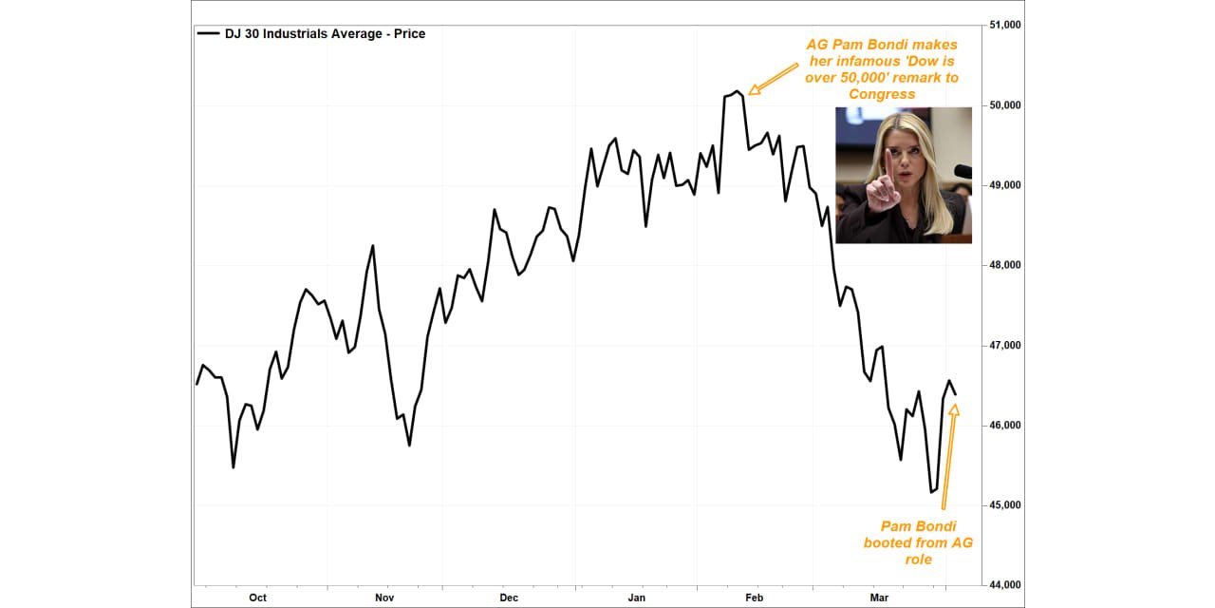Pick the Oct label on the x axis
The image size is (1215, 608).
pyautogui.click(x=257, y=598)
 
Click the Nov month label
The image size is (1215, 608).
pyautogui.click(x=384, y=598)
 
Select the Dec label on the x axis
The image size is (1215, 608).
pyautogui.click(x=509, y=598)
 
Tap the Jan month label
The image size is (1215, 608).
pyautogui.click(x=637, y=598)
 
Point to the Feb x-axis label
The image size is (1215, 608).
pyautogui.click(x=754, y=598)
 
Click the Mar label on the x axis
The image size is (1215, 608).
pyautogui.click(x=880, y=598)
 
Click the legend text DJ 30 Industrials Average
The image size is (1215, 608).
pyautogui.click(x=325, y=34)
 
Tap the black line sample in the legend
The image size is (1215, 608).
pyautogui.click(x=208, y=34)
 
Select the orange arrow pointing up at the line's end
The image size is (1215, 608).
pyautogui.click(x=949, y=456)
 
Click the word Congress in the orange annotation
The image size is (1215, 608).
pyautogui.click(x=882, y=94)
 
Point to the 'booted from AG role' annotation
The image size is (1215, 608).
pyautogui.click(x=918, y=542)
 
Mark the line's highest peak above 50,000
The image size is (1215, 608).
pyautogui.click(x=738, y=91)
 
